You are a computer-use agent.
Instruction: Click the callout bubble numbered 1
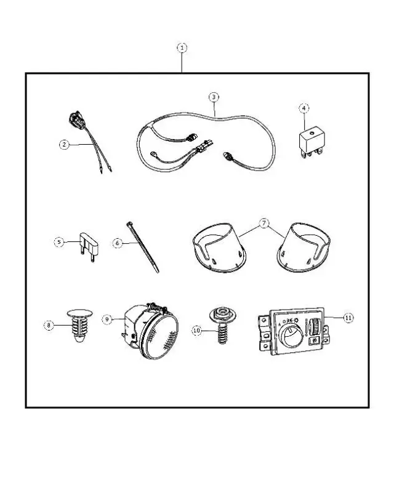coord(182,47)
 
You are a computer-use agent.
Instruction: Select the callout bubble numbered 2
coord(64,145)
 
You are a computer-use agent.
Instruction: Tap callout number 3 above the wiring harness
coord(213,97)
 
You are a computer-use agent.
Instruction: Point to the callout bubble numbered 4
coord(304,108)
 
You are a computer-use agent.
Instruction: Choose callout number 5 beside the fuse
coord(58,242)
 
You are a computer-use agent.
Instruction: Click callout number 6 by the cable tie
coord(117,243)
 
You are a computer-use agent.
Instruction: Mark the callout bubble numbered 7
coord(264,223)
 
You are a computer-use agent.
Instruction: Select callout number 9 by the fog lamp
coord(108,319)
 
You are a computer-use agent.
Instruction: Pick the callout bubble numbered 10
coord(197,331)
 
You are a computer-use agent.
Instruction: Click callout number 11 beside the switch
coord(348,318)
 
